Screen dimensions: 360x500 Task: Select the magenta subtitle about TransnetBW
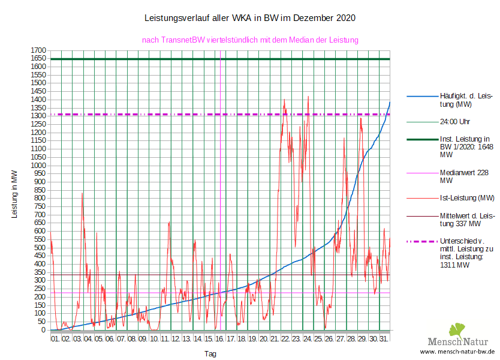tap(250, 40)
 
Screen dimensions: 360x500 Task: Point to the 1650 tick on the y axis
tap(39, 58)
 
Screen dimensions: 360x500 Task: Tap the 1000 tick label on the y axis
tap(39, 165)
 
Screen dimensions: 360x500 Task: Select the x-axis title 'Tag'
tap(210, 354)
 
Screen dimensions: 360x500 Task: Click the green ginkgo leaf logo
tap(457, 329)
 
